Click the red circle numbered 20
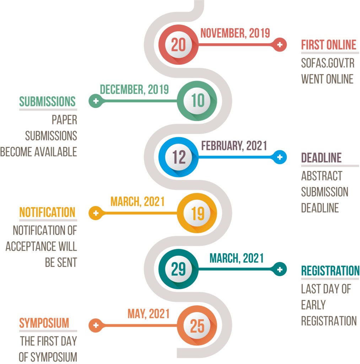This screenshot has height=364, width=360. click(178, 44)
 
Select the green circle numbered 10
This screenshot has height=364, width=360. click(197, 101)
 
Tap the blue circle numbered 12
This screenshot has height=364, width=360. click(178, 157)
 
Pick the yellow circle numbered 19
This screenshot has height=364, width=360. click(197, 213)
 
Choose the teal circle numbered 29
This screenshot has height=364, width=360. click(178, 269)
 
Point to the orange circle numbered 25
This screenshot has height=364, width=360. click(197, 325)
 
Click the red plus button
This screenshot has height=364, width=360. click(280, 44)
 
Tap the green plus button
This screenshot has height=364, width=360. click(96, 101)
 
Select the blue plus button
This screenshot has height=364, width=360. click(280, 157)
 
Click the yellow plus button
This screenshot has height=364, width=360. click(96, 213)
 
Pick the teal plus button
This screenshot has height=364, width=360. click(280, 269)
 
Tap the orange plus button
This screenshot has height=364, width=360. click(96, 325)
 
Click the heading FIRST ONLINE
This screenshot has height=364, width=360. click(329, 45)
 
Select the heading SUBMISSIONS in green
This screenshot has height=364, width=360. click(47, 101)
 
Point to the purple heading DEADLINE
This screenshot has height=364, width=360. click(322, 158)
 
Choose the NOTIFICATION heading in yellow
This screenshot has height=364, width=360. click(47, 212)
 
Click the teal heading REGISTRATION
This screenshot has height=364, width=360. click(331, 271)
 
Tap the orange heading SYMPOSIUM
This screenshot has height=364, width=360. click(44, 323)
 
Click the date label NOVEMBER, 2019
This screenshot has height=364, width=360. click(235, 33)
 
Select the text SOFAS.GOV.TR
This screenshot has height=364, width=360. click(328, 63)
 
